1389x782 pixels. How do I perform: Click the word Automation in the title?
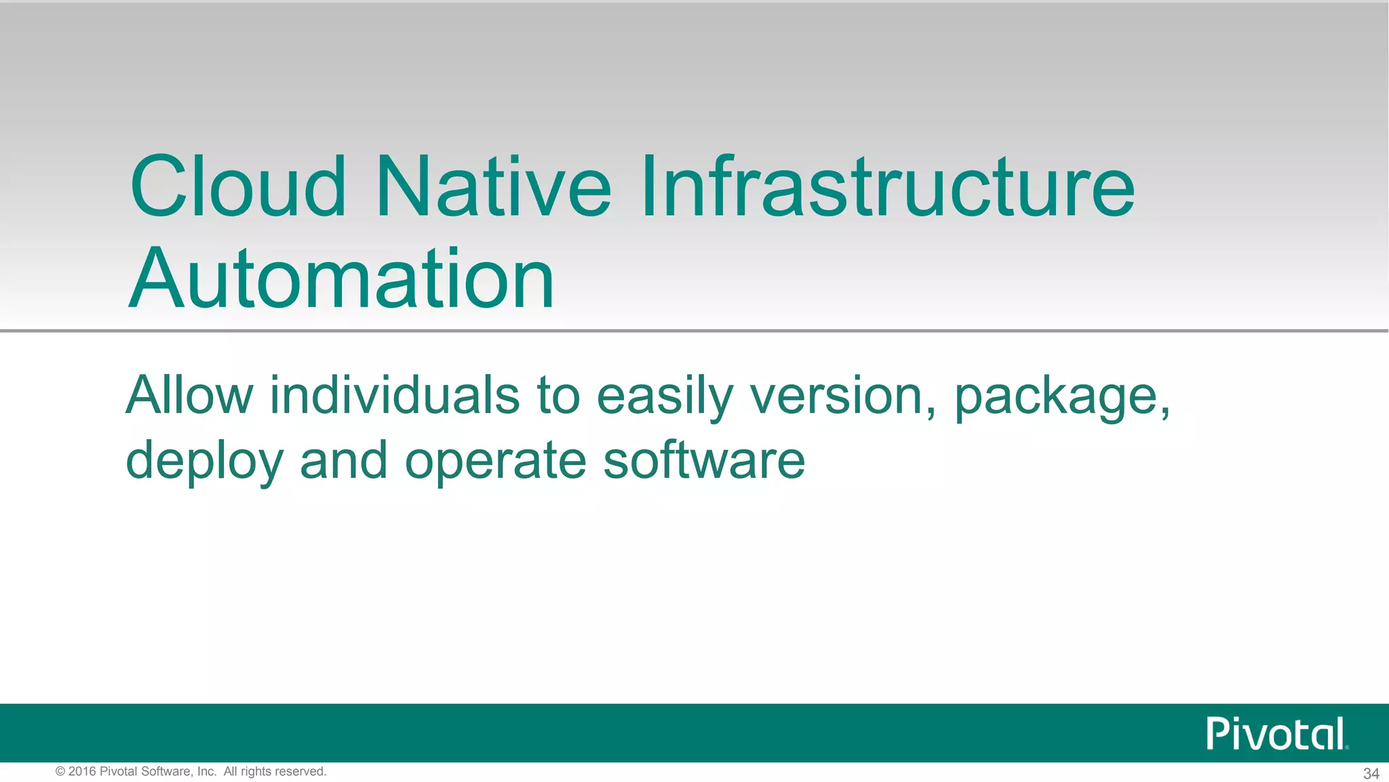[x=341, y=279]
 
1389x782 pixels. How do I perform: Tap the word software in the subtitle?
[x=703, y=460]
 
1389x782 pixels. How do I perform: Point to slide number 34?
[x=1371, y=774]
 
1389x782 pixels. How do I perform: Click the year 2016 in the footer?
[x=82, y=772]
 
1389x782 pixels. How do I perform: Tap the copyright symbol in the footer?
[x=60, y=772]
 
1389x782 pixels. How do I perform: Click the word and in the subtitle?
[x=343, y=460]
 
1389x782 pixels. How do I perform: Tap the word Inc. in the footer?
[x=206, y=772]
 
